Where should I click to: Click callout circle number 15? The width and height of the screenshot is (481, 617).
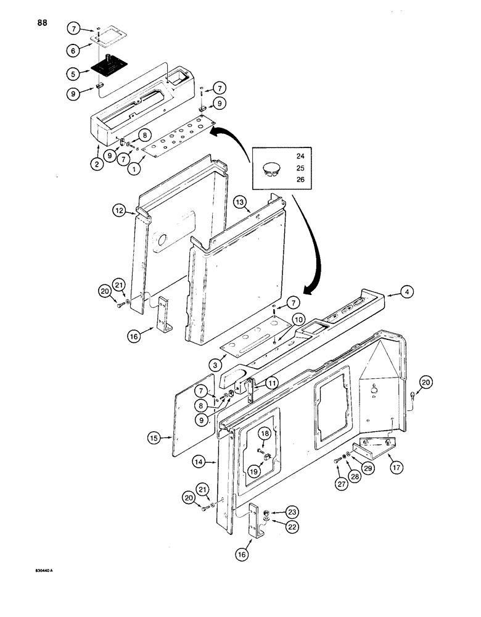155,438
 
